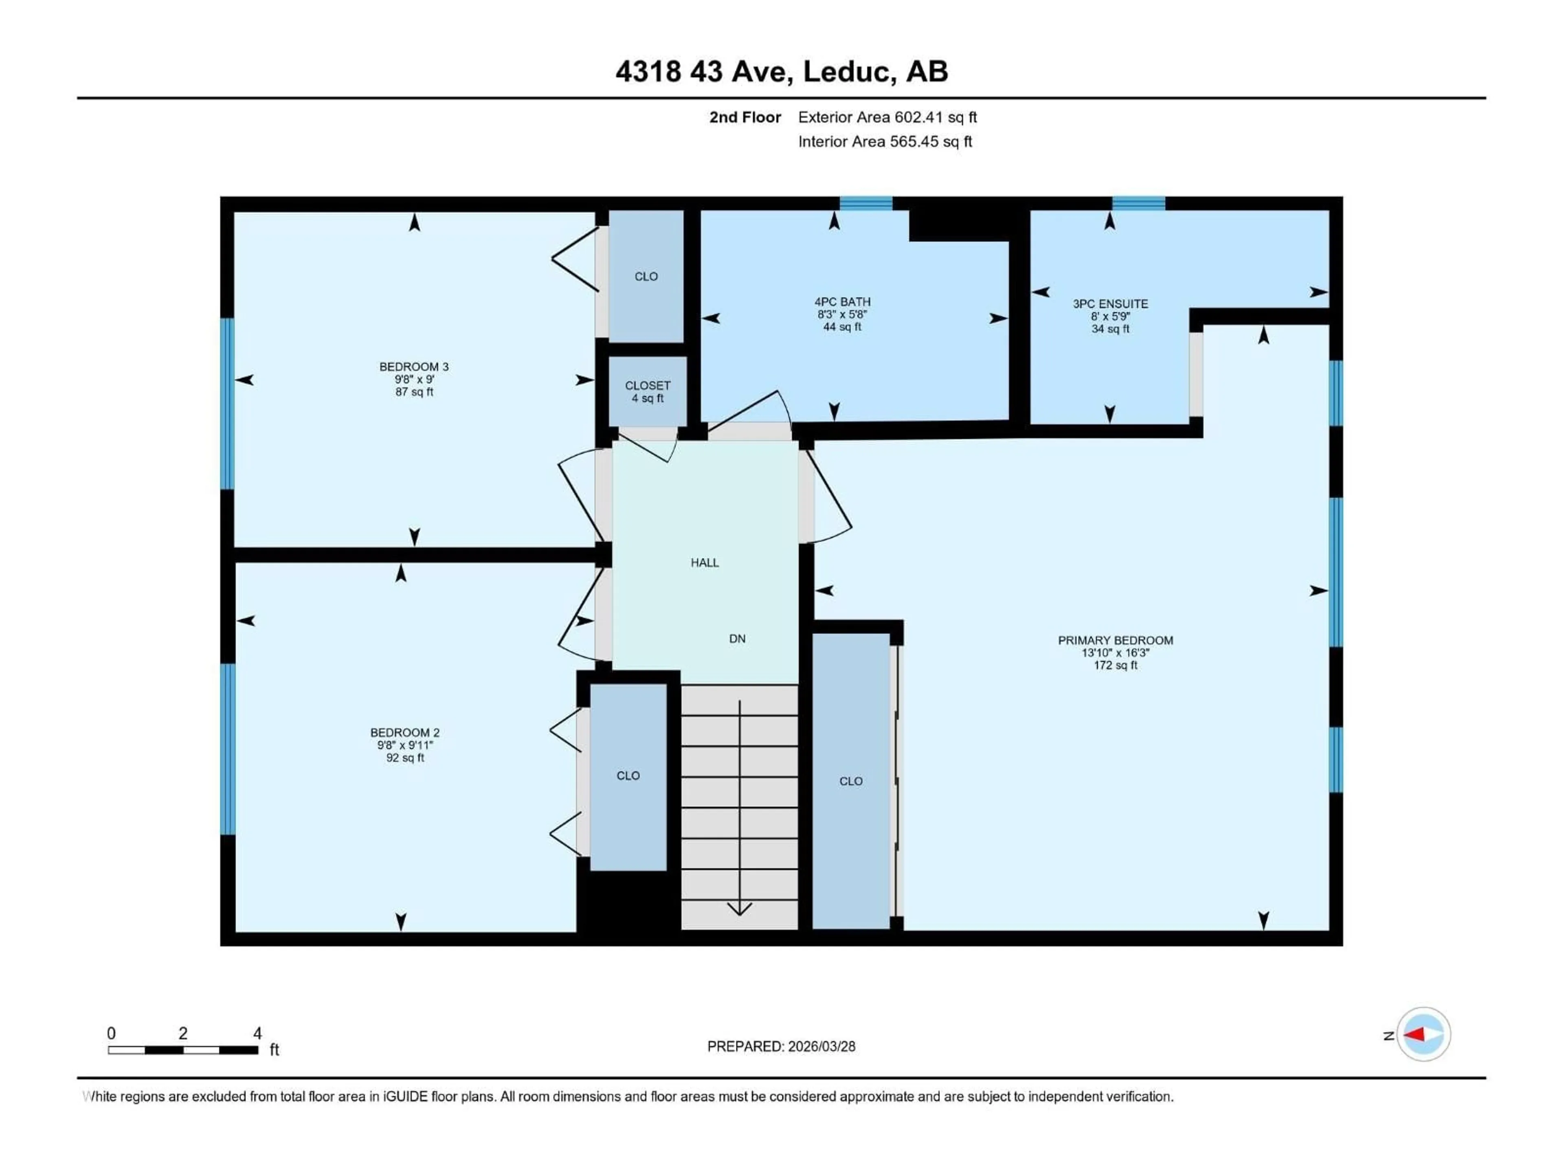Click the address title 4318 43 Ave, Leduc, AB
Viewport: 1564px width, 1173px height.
[781, 71]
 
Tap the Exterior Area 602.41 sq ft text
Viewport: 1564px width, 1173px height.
[887, 117]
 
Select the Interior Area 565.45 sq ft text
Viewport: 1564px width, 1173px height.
[885, 141]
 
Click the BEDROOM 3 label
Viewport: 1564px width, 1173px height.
[414, 367]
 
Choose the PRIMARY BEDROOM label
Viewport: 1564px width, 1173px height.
[1115, 641]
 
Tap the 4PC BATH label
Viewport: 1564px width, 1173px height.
[842, 302]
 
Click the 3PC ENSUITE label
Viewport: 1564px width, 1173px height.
[1110, 304]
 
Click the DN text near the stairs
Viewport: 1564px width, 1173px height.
[737, 639]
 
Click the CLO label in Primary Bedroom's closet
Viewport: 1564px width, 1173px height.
[850, 781]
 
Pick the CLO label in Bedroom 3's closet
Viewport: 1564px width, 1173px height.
[646, 277]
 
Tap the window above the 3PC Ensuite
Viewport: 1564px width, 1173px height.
[1138, 204]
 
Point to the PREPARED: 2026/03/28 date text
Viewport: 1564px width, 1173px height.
[781, 1046]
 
